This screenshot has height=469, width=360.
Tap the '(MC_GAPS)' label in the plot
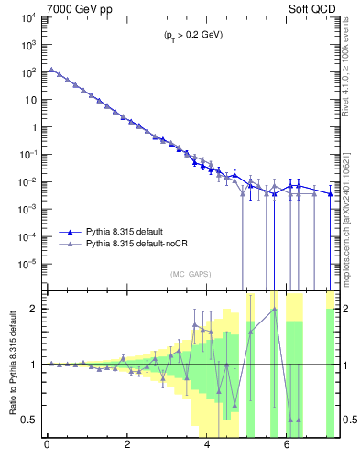(x=188, y=274)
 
